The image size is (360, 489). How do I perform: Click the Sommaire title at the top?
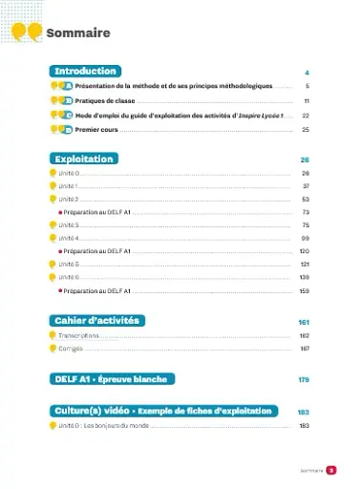78,33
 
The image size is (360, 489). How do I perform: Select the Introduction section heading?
86,72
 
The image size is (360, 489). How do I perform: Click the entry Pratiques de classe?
106,100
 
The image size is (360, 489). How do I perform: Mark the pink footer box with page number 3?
330,469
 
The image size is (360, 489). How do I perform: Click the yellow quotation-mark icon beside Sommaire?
28,33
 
